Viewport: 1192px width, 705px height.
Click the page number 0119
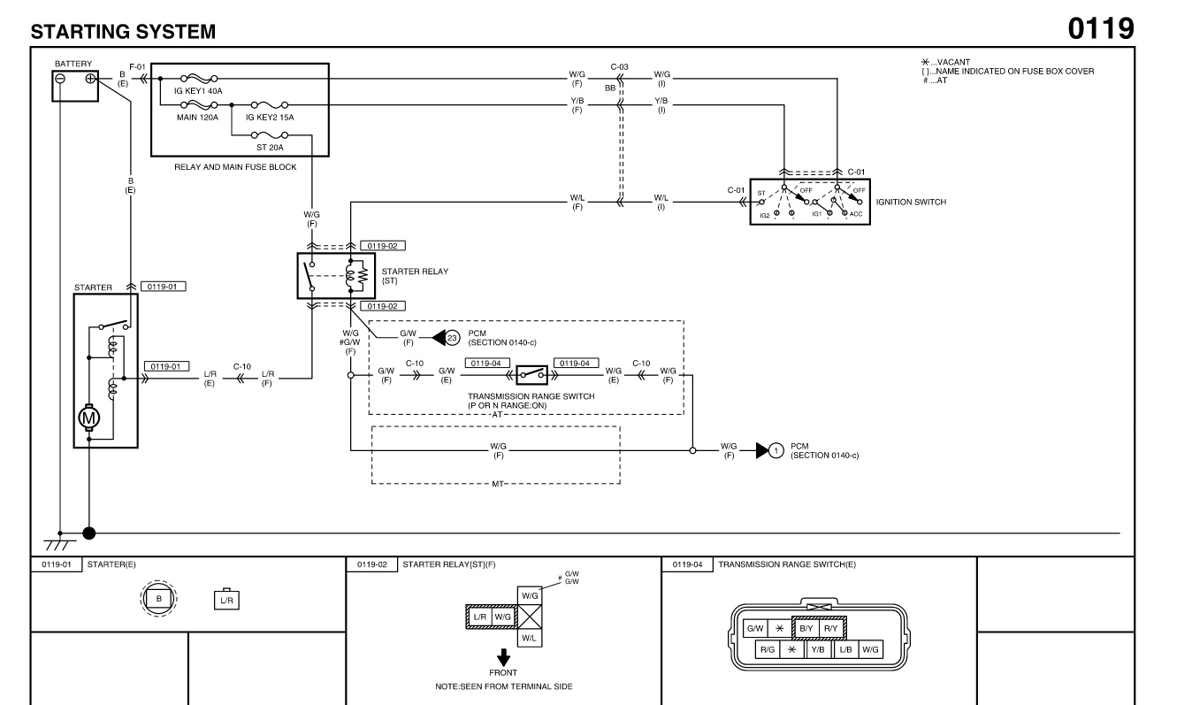point(1100,28)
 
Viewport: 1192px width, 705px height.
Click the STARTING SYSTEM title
point(123,32)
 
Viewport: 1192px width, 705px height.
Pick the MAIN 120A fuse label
point(196,117)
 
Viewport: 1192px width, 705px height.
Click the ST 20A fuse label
point(270,148)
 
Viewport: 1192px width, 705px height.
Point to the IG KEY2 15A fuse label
point(271,117)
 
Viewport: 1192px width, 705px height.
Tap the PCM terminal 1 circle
point(776,451)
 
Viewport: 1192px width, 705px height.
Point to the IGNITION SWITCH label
point(911,202)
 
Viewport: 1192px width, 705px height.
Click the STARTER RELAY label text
point(414,272)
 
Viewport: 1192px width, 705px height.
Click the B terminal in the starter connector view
point(159,599)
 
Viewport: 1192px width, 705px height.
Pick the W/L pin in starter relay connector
point(527,637)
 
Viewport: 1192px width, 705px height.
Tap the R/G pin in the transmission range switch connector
point(766,649)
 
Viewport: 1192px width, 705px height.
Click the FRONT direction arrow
point(503,657)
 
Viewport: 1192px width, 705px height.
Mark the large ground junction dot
point(88,533)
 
